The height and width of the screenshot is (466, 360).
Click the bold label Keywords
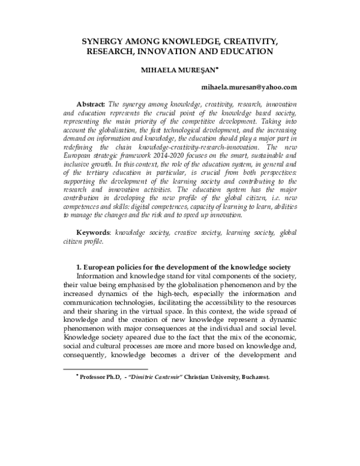(x=97, y=248)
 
